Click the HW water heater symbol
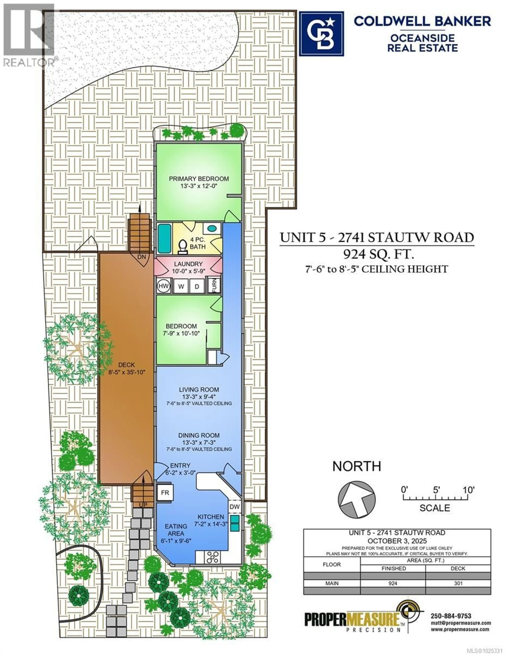(163, 286)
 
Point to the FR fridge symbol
(165, 493)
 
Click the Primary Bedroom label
(199, 179)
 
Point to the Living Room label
(199, 390)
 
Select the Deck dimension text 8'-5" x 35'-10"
(127, 372)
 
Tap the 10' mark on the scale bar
(468, 490)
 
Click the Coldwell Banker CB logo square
(322, 34)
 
